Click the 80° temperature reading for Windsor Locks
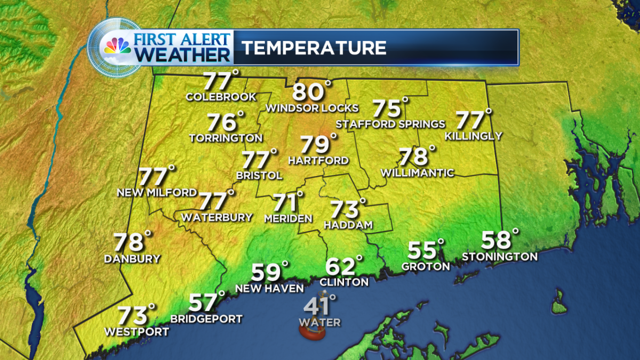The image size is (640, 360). (x=311, y=92)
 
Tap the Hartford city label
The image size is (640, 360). (x=318, y=160)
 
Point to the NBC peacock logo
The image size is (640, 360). (x=117, y=47)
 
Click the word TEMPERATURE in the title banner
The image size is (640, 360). (x=314, y=48)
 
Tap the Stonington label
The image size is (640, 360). (x=500, y=257)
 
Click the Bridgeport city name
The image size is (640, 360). (x=206, y=319)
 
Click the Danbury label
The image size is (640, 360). (x=132, y=259)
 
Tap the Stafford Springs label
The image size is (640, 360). (x=390, y=124)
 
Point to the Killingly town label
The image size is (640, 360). (x=474, y=136)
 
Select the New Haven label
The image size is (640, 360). (x=269, y=288)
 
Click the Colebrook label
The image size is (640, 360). (x=221, y=97)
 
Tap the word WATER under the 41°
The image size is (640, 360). (x=319, y=322)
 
